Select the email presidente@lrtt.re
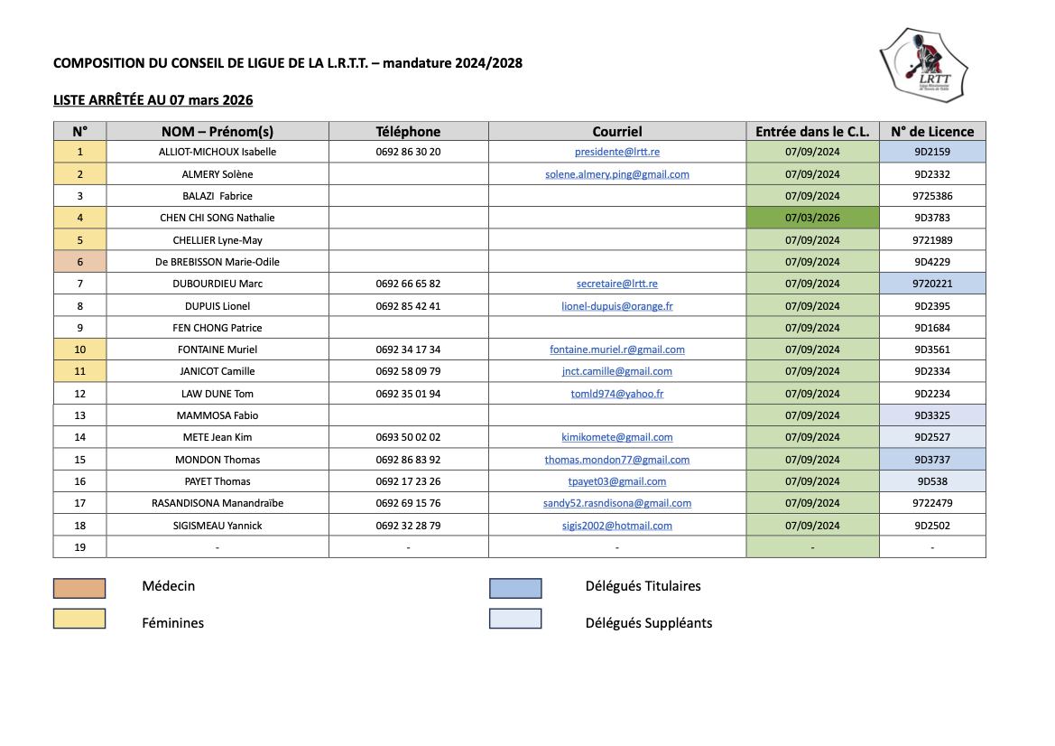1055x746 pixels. pos(617,152)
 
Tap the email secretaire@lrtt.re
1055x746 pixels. pos(617,284)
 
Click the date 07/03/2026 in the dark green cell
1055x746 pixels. pos(812,218)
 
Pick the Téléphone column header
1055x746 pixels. pos(408,131)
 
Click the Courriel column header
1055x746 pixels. pos(617,131)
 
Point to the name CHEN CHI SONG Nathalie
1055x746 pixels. pos(217,218)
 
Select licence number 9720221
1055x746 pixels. pos(932,284)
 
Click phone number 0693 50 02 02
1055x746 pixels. pos(408,437)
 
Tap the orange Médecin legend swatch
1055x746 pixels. pos(79,589)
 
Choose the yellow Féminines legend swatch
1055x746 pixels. pos(79,619)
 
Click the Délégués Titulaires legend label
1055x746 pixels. pos(643,586)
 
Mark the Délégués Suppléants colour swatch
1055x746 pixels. pos(515,619)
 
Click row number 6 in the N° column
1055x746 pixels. pos(79,262)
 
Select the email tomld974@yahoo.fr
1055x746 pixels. pos(617,394)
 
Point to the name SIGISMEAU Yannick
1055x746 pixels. pos(217,526)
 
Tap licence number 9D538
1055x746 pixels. pos(932,481)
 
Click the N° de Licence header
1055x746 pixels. pos(932,131)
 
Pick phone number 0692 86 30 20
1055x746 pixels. pos(408,152)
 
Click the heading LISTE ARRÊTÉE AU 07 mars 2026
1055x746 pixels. pos(153,99)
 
